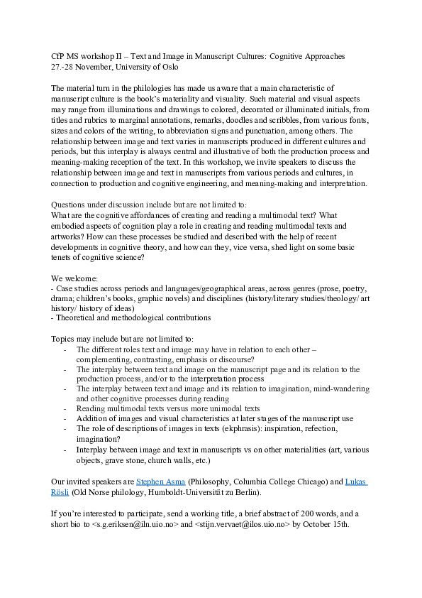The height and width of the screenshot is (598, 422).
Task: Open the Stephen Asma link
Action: coord(160,482)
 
